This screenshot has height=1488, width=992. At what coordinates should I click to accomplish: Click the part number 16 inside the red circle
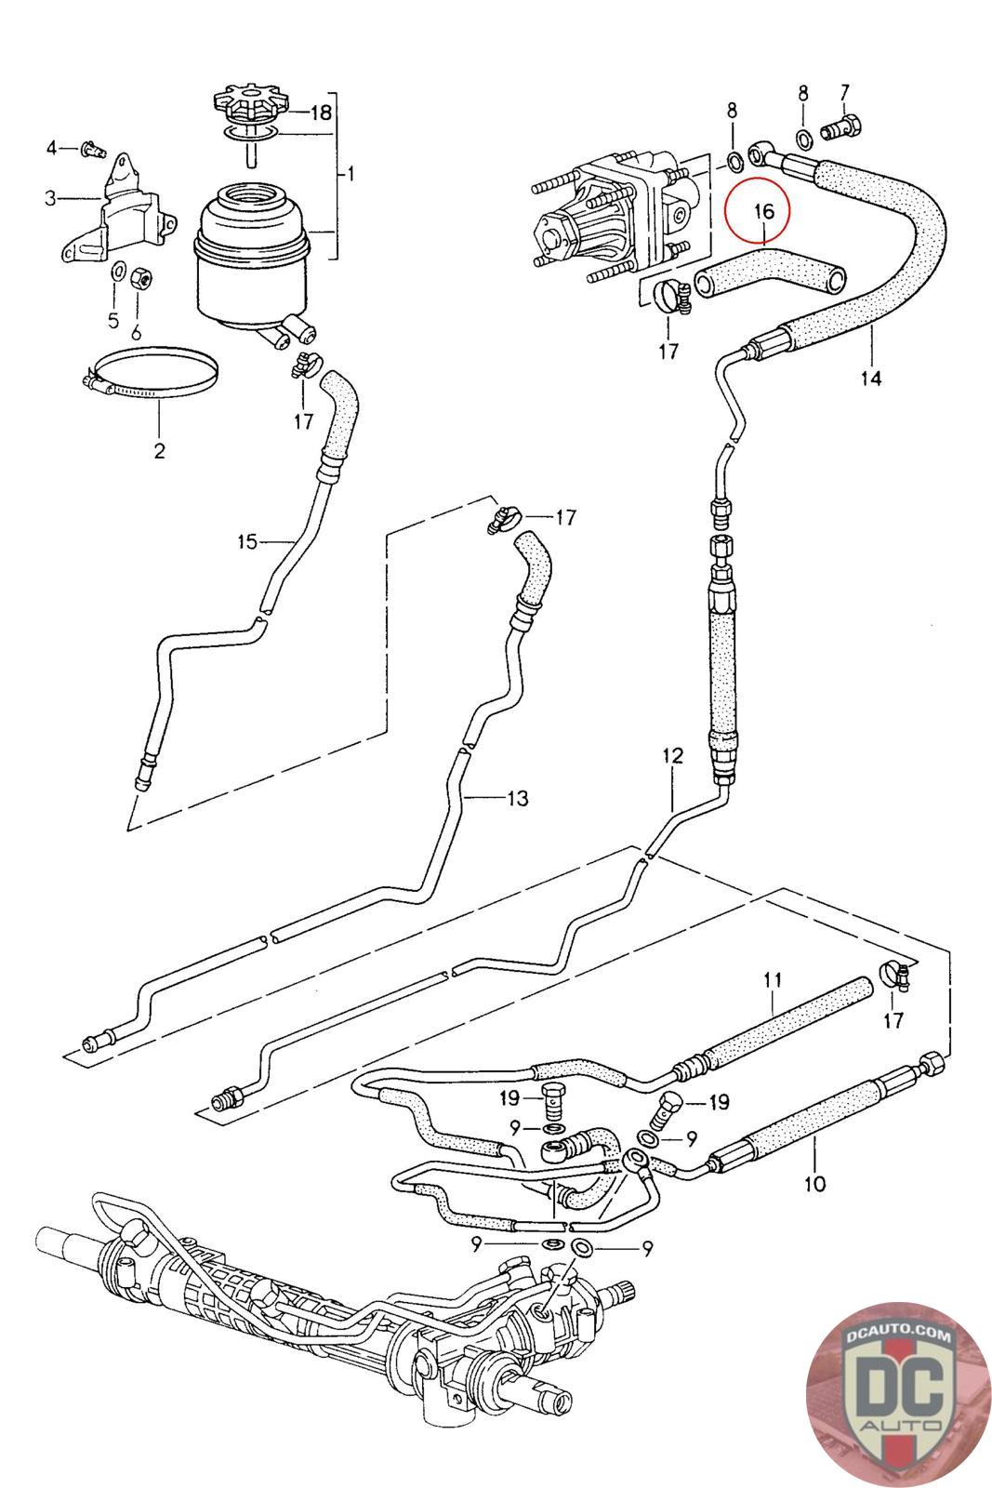click(x=763, y=211)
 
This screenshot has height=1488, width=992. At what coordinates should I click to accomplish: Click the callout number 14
click(x=871, y=378)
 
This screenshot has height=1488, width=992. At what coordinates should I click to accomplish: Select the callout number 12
click(x=672, y=755)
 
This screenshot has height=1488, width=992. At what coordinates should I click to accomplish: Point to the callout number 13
click(x=517, y=797)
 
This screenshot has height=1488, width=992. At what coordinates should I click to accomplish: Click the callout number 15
click(x=246, y=540)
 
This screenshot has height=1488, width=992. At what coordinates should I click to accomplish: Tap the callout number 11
click(x=773, y=979)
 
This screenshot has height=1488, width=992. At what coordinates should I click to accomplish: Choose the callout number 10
click(x=814, y=1184)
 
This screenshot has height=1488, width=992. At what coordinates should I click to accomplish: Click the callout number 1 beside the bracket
click(x=350, y=173)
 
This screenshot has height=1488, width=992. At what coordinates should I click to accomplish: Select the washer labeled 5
click(x=119, y=272)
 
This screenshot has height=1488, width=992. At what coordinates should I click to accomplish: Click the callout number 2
click(x=159, y=452)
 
